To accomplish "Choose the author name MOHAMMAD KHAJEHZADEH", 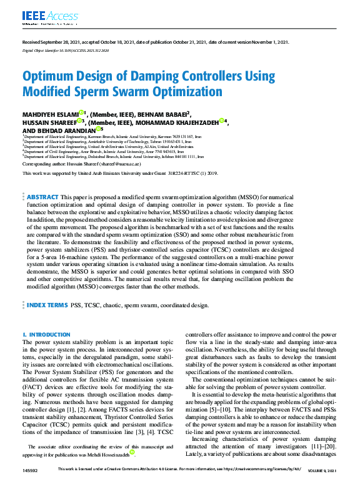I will [179, 123].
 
